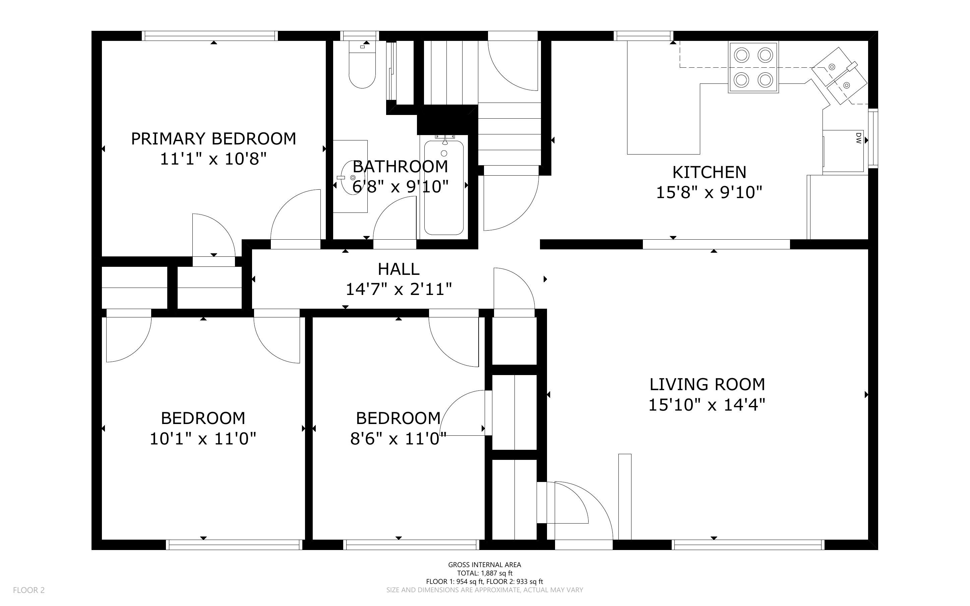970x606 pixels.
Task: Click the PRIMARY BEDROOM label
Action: pyautogui.click(x=214, y=139)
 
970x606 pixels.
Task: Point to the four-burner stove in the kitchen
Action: pyautogui.click(x=753, y=67)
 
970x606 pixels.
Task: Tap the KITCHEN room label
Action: pyautogui.click(x=709, y=172)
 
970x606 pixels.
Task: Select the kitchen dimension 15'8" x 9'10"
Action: pyautogui.click(x=709, y=193)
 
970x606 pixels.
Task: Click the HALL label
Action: pyautogui.click(x=399, y=269)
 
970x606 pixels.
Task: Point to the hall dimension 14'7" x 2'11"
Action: pyautogui.click(x=399, y=289)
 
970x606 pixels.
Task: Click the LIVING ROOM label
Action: pyautogui.click(x=707, y=384)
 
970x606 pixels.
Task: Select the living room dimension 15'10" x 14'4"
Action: pyautogui.click(x=707, y=405)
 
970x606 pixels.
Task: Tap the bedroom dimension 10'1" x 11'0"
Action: pyautogui.click(x=203, y=439)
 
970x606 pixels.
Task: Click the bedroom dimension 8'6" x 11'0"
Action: pyautogui.click(x=398, y=439)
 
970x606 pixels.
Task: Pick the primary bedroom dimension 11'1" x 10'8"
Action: pyautogui.click(x=213, y=159)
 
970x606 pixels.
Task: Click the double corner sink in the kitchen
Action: pyautogui.click(x=839, y=75)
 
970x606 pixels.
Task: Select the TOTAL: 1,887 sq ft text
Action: pyautogui.click(x=484, y=573)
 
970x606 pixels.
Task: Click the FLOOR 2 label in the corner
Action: pyautogui.click(x=29, y=590)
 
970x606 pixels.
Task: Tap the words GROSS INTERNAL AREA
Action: pyautogui.click(x=484, y=565)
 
